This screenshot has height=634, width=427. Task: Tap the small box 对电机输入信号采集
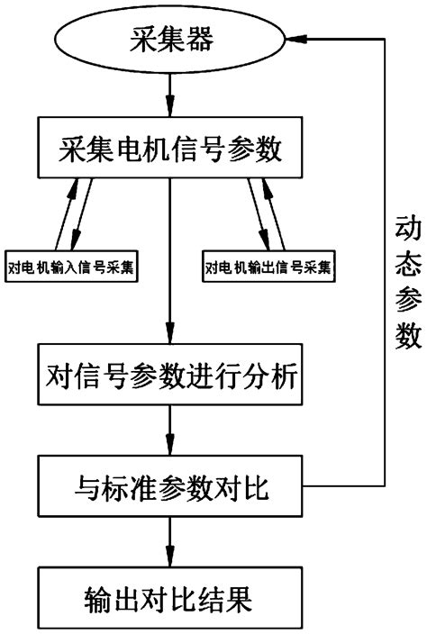(73, 267)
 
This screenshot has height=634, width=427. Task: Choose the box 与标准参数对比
(170, 490)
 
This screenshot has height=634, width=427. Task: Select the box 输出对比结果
(170, 597)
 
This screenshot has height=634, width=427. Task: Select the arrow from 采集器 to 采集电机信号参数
(170, 95)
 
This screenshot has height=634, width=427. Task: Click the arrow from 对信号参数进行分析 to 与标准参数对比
(170, 433)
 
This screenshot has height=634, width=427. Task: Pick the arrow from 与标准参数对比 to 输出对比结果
(170, 544)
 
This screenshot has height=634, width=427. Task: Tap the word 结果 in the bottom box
(237, 597)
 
